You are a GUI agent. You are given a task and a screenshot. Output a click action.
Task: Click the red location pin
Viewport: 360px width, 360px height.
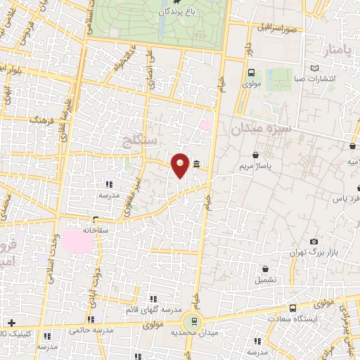click(181, 165)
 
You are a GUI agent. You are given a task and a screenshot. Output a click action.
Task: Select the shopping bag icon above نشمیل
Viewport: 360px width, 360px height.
click(265, 269)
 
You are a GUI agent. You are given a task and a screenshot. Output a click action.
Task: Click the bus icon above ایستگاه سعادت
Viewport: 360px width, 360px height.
click(292, 308)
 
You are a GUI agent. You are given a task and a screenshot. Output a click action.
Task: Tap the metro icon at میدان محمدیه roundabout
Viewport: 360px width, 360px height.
click(190, 321)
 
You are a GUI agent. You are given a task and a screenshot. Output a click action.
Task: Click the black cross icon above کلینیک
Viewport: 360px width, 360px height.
click(11, 321)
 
